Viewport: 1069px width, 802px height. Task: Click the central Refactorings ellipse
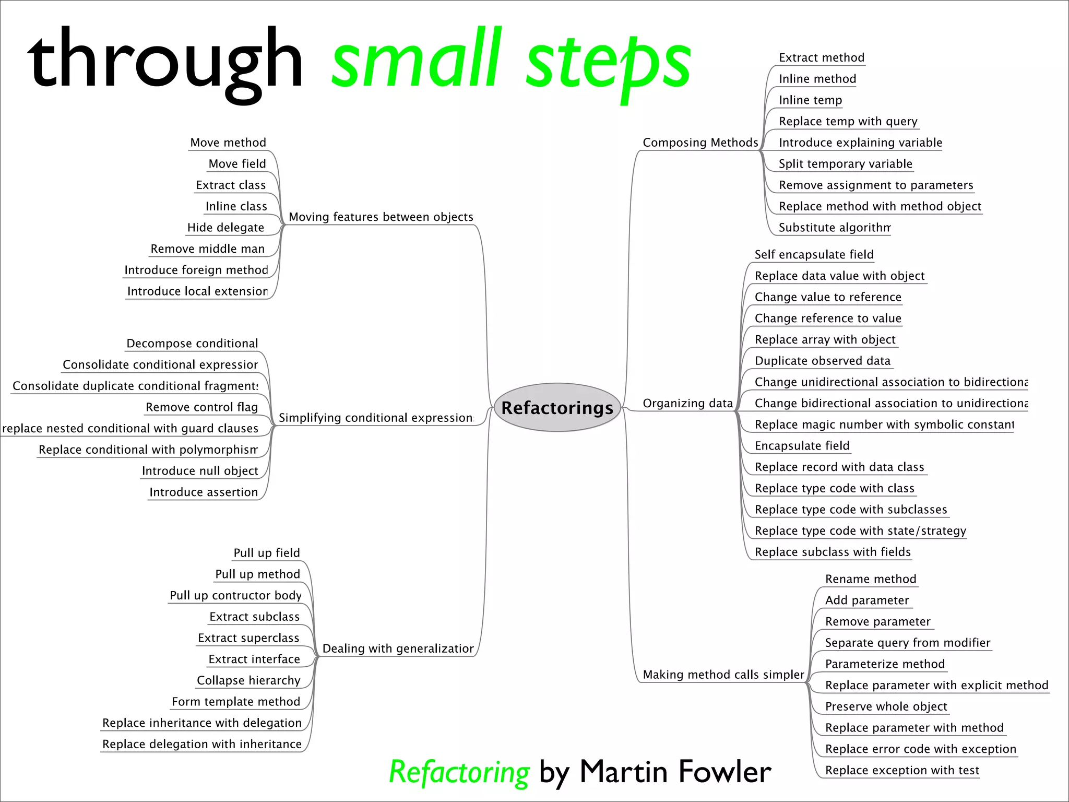(x=557, y=407)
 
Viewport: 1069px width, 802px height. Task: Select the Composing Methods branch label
(x=700, y=143)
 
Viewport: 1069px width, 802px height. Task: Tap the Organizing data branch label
(x=687, y=403)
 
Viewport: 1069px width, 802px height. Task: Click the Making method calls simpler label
(x=723, y=675)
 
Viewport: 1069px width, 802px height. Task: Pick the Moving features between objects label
(x=381, y=217)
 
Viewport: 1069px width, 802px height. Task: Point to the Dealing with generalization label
(x=398, y=648)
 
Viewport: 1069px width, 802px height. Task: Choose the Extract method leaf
(x=821, y=57)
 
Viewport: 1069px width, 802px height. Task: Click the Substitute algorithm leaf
(x=834, y=228)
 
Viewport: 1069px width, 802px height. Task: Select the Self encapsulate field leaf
(x=814, y=254)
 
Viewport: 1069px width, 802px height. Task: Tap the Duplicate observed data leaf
(x=822, y=361)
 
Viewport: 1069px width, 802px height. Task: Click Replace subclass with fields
(x=832, y=552)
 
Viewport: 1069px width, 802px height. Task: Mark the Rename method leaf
(x=870, y=579)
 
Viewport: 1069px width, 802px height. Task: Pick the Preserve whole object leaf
(x=886, y=706)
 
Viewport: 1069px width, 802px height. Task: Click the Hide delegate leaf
(x=225, y=228)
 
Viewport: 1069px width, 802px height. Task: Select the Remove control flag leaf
(x=201, y=407)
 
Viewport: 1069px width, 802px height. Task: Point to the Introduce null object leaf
(x=200, y=471)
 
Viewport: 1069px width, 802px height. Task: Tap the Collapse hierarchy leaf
(x=248, y=680)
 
